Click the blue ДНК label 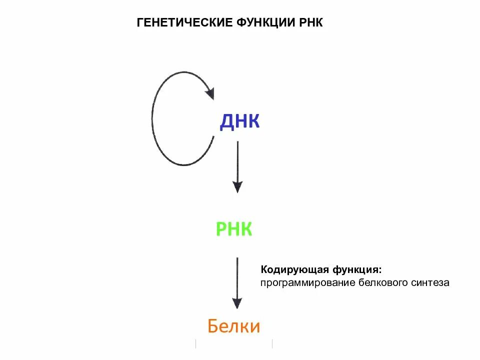tap(239, 121)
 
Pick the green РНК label tap(234, 229)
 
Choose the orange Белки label tap(234, 326)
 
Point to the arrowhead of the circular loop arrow tap(208, 92)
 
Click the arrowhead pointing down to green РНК tap(237, 187)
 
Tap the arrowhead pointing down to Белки tap(237, 303)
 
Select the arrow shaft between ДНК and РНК tap(237, 160)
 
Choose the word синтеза tap(430, 283)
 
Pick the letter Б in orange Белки tap(213, 326)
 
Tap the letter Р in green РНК tap(221, 229)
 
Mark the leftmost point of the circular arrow tap(152, 119)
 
